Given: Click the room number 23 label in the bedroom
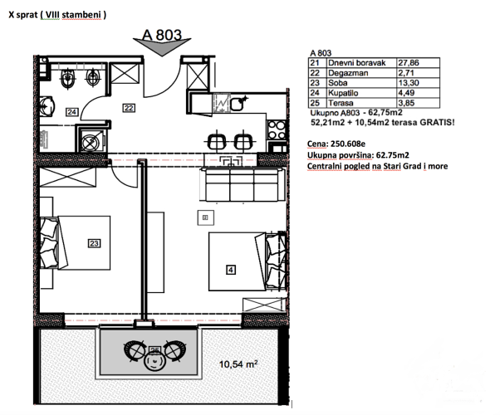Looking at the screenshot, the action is coord(94,243).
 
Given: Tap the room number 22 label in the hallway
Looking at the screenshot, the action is coord(129,108).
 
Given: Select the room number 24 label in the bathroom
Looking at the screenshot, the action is coord(72,112).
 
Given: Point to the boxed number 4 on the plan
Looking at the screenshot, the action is coord(231,271).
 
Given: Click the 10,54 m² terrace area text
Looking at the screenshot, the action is coord(238,364).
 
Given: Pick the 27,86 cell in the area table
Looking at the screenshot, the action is coord(409,63).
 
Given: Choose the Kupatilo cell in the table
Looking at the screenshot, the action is coord(343,93).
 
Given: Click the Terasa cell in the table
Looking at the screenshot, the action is coord(341,103).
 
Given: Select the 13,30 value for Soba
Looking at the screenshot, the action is coord(409,83).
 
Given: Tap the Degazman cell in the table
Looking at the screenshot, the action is coord(348,73).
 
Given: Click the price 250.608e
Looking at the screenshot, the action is coord(348,144).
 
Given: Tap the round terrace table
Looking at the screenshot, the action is coord(154,362).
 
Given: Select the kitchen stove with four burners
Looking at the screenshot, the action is coord(277,130).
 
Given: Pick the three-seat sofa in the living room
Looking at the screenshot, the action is coord(243,185).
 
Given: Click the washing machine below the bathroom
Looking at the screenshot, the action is coord(93,140).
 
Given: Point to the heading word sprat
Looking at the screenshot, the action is coord(27,15).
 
